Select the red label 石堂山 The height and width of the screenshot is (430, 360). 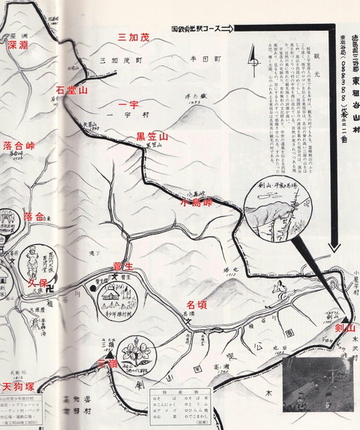[x=72, y=91]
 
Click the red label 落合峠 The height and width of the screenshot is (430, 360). [x=19, y=146]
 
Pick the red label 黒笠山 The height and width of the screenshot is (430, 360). [x=152, y=137]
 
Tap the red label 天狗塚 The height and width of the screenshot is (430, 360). [x=17, y=386]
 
